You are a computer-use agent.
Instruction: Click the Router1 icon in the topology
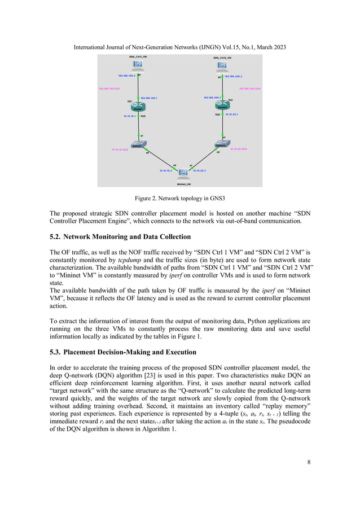pos(138,107)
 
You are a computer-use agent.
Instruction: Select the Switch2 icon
pos(223,145)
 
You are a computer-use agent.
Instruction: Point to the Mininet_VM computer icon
pos(182,173)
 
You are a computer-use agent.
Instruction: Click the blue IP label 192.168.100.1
pos(148,98)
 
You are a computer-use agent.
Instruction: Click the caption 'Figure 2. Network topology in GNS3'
pos(180,199)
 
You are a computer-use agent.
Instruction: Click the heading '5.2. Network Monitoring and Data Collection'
pos(120,236)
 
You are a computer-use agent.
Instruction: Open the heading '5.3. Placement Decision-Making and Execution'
pos(123,352)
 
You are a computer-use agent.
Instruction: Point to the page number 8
pos(309,462)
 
